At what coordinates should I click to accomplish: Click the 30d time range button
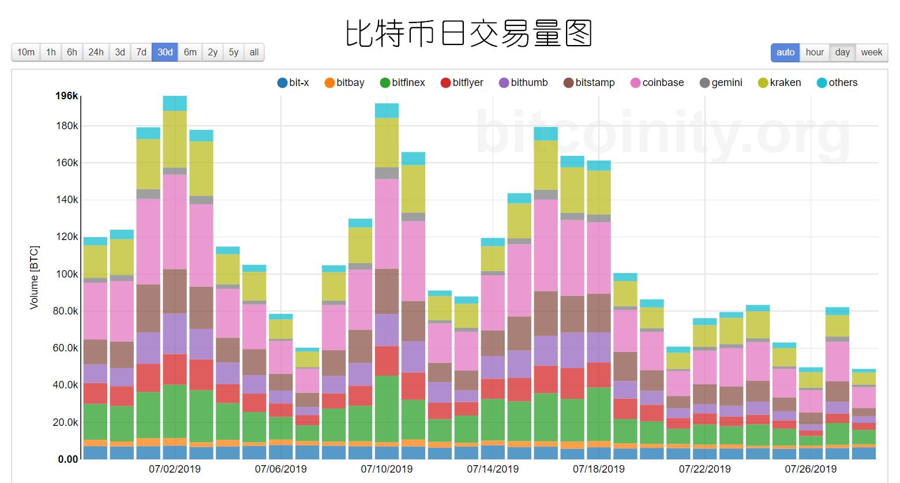pos(165,53)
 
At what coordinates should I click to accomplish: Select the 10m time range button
pos(26,53)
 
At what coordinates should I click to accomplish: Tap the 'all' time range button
pos(254,53)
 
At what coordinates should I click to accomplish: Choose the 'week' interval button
pos(871,53)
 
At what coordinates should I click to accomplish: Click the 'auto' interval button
pos(785,53)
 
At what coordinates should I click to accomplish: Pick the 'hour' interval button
pos(815,53)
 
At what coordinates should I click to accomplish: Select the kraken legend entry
pos(779,83)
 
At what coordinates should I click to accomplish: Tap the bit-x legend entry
pos(293,83)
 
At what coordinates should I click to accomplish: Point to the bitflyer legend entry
pos(462,83)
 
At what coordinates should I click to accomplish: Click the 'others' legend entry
pos(837,83)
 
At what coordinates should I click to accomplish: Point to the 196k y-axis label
pos(66,96)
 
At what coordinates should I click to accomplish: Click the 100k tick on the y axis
pos(66,274)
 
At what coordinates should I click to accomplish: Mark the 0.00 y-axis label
pos(67,459)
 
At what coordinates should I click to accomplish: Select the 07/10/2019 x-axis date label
pos(387,469)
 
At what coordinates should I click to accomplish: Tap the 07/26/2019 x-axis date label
pos(811,469)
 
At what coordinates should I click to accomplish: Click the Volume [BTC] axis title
pos(34,278)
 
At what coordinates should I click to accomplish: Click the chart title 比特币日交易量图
pos(468,33)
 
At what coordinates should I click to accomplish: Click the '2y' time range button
pos(212,53)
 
